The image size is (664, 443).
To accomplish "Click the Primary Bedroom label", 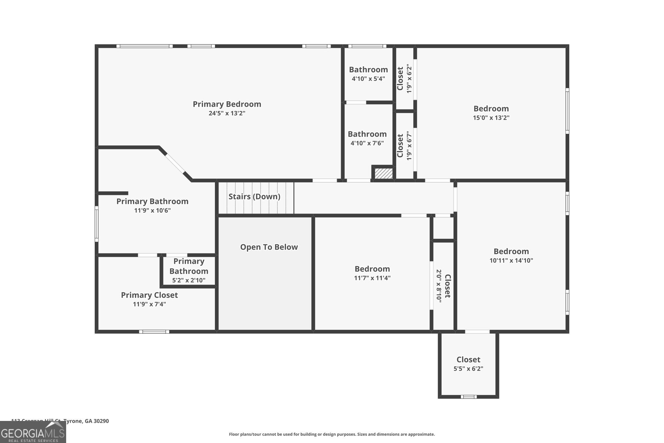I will click(x=227, y=104).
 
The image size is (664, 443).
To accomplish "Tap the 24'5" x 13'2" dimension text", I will click(x=227, y=113).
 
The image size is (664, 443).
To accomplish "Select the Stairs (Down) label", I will click(x=254, y=196).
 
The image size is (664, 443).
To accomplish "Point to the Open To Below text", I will click(x=269, y=247).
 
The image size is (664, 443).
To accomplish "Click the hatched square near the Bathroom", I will click(x=384, y=173).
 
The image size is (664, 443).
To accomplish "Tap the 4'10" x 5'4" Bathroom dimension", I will click(x=368, y=79).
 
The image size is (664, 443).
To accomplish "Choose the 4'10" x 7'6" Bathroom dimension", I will click(x=367, y=143).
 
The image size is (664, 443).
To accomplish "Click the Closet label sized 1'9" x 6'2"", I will click(x=400, y=79).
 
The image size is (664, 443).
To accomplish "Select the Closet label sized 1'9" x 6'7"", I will click(x=400, y=146).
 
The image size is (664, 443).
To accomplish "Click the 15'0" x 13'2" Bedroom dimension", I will click(x=491, y=118).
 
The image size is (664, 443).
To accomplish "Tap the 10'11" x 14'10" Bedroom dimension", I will click(x=511, y=260).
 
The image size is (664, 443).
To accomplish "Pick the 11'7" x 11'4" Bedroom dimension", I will click(x=372, y=278).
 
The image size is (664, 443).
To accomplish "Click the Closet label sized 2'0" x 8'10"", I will click(x=447, y=286).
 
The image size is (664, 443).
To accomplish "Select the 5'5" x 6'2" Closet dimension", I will click(x=468, y=369).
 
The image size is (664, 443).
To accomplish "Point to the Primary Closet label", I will click(x=149, y=295).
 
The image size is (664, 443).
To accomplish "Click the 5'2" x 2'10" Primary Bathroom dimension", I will click(x=189, y=280).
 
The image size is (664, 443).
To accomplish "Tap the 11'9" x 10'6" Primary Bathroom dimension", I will click(x=152, y=210).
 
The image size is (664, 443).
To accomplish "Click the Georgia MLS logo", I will click(x=33, y=432).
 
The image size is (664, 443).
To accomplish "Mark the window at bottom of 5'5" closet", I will click(x=468, y=397).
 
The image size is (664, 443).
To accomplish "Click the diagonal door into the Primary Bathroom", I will click(x=175, y=163).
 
